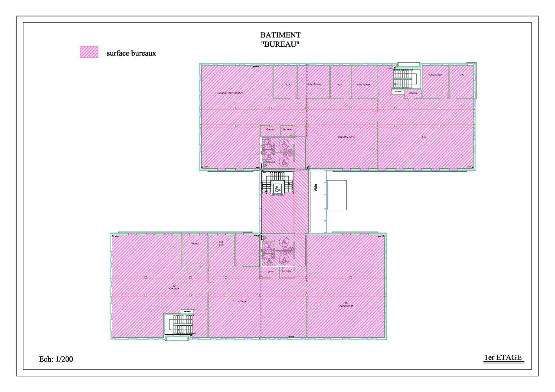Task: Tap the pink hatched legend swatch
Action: [89, 52]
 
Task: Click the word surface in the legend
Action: [118, 54]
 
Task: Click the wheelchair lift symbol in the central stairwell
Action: [277, 189]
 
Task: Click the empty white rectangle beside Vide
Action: [336, 195]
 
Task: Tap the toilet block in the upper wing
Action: [277, 152]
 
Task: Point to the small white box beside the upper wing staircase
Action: [398, 92]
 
